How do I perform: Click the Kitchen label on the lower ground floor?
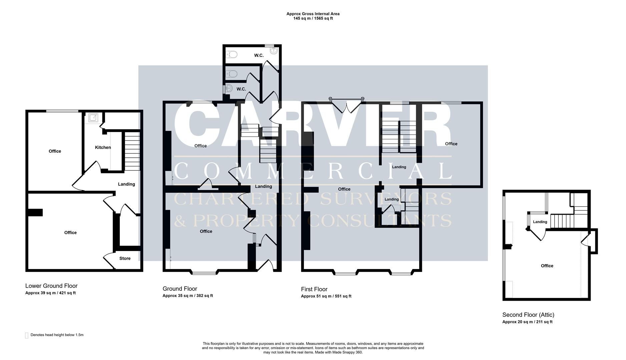(x=103, y=147)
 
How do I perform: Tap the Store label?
(x=125, y=258)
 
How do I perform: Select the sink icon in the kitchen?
(x=93, y=117)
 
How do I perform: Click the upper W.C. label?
(x=259, y=55)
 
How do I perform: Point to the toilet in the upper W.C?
(x=231, y=54)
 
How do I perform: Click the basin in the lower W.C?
(x=228, y=89)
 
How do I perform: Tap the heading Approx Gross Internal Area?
(x=313, y=14)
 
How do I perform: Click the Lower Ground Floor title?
(x=51, y=286)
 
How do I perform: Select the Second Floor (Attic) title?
(x=528, y=315)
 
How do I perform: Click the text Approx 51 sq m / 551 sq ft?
(x=326, y=296)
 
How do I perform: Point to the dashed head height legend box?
(x=27, y=335)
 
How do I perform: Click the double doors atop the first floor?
(x=347, y=106)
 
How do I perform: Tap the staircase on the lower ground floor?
(x=132, y=151)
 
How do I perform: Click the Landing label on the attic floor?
(x=540, y=222)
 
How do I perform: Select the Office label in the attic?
(x=547, y=266)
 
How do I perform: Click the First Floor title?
(x=314, y=289)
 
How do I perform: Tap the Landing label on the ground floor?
(x=263, y=186)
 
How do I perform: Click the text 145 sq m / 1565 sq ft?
(x=313, y=18)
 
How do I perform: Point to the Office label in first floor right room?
(x=451, y=144)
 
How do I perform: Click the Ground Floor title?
(x=179, y=289)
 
